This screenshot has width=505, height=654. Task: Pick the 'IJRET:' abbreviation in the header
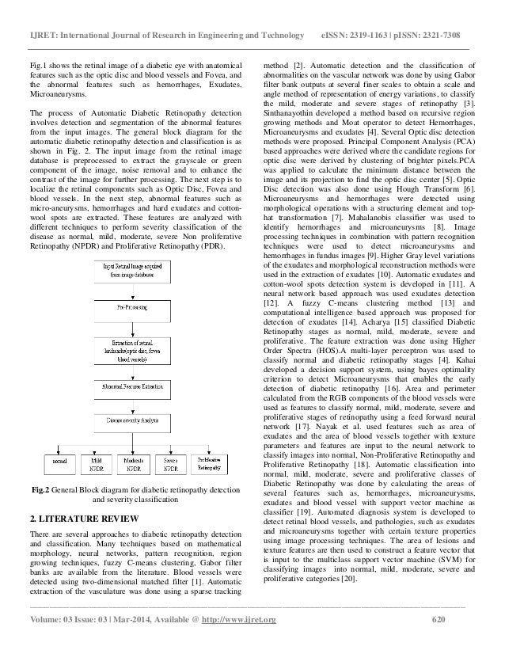click(x=42, y=15)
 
